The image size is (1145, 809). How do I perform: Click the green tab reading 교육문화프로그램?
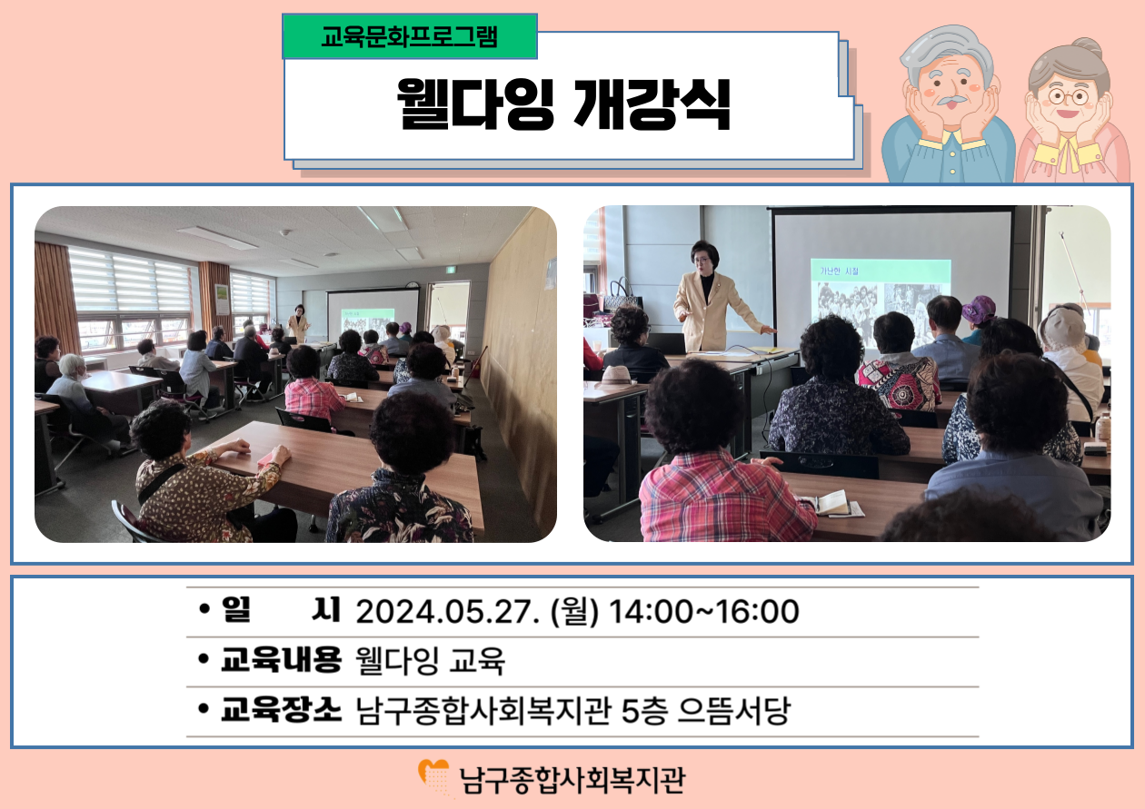pyautogui.click(x=410, y=36)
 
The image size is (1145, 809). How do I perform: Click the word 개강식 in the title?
pyautogui.click(x=652, y=104)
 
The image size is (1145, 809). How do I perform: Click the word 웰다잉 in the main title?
pyautogui.click(x=475, y=104)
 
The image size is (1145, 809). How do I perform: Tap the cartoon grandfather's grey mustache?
pyautogui.click(x=951, y=99)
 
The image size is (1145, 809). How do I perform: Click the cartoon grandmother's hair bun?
pyautogui.click(x=1085, y=48)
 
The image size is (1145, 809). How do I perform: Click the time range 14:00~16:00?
pyautogui.click(x=704, y=611)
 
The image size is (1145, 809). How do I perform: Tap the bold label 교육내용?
pyautogui.click(x=281, y=659)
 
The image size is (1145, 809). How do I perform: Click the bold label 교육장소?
pyautogui.click(x=281, y=709)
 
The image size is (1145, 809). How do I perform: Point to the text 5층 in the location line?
pyautogui.click(x=644, y=710)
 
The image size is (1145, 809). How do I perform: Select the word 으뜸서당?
pyautogui.click(x=734, y=710)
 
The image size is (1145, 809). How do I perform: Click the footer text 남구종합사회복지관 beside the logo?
pyautogui.click(x=572, y=780)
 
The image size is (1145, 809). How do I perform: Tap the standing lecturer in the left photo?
pyautogui.click(x=298, y=324)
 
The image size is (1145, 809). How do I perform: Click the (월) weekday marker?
pyautogui.click(x=574, y=611)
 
